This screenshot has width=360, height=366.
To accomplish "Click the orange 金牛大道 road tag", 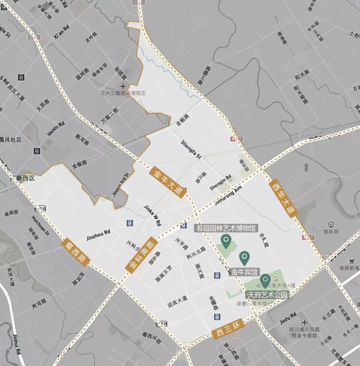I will [168, 182].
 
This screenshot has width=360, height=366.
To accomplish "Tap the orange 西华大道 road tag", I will [283, 198].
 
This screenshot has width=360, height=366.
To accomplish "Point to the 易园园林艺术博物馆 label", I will [226, 228].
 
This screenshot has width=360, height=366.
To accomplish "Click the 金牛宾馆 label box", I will [245, 272].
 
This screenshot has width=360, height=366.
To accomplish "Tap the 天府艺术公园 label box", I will [267, 295].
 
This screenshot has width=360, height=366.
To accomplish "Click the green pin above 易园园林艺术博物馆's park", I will [226, 241].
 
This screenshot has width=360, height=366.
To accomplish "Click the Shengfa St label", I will [191, 150].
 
